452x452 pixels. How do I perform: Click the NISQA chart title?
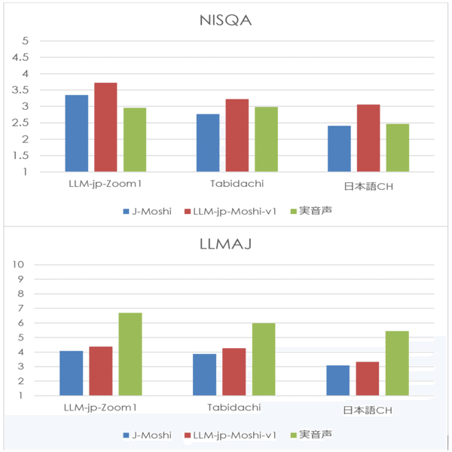(225, 20)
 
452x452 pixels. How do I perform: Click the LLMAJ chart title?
(225, 243)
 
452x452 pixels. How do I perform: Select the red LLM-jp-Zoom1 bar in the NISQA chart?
(105, 127)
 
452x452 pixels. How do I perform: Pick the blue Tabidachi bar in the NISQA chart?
(208, 143)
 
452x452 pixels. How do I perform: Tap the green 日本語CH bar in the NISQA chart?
(397, 148)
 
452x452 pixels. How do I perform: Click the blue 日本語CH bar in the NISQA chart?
(339, 148)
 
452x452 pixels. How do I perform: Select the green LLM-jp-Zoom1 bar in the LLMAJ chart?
(130, 354)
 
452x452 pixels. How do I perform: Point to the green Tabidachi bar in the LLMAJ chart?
(263, 359)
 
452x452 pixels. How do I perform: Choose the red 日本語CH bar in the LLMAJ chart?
(367, 379)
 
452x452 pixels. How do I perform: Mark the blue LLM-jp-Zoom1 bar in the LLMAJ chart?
(71, 373)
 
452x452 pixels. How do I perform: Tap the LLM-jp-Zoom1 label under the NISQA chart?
(100, 184)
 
